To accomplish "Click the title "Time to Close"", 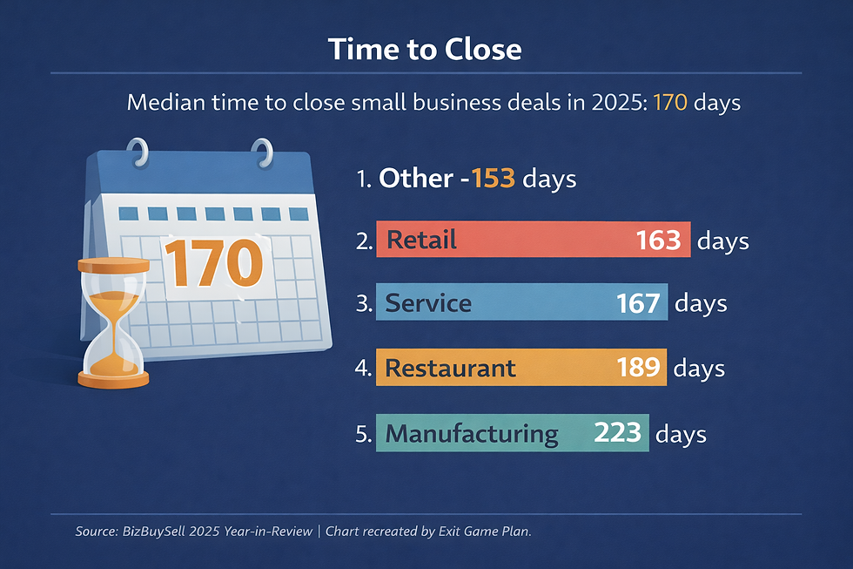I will (426, 49).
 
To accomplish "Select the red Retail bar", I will (533, 240).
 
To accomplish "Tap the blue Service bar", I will (521, 302).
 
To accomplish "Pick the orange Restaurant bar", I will (521, 367).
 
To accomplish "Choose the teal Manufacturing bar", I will (512, 432).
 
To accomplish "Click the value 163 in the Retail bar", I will (658, 240).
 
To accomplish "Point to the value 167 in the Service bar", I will (638, 302).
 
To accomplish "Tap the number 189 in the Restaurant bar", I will (638, 367).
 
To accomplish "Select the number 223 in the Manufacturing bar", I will (617, 432).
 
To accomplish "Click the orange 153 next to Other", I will (494, 179).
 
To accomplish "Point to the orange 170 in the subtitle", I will (670, 103).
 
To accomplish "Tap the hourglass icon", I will (112, 322).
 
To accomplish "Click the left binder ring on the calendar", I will (137, 155).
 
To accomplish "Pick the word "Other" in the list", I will (415, 179).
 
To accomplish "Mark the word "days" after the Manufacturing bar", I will (681, 433).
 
